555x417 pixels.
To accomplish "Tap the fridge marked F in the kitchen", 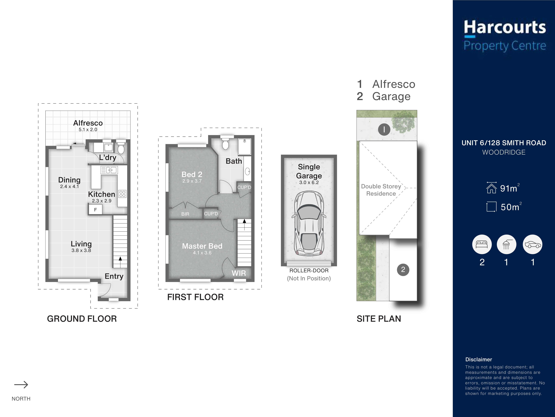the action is (95, 209).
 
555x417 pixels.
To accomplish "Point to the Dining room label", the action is (69, 180).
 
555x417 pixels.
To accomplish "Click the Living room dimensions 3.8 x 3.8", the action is (81, 250).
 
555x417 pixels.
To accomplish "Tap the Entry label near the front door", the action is (114, 276).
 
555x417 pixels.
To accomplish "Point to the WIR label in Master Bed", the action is (239, 273).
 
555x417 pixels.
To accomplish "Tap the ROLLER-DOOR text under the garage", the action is (309, 270).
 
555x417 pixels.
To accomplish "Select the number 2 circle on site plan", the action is (403, 270).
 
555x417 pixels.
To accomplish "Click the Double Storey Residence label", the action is (381, 190).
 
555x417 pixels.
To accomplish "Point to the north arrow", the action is (21, 385).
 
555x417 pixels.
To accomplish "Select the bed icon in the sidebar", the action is (482, 244).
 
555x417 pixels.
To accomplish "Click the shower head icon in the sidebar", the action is (506, 244).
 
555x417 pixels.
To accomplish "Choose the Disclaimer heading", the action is (479, 359).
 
